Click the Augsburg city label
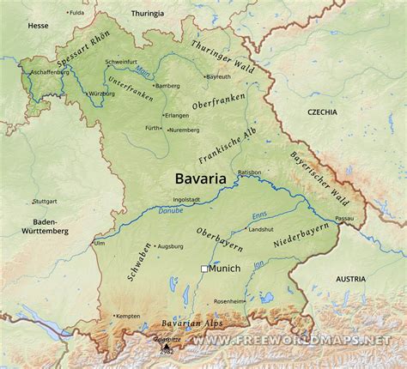coord(170,246)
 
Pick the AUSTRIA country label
coord(350,279)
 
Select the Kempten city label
coord(127,317)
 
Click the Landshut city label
coord(260,230)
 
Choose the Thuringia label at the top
coord(147,14)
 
